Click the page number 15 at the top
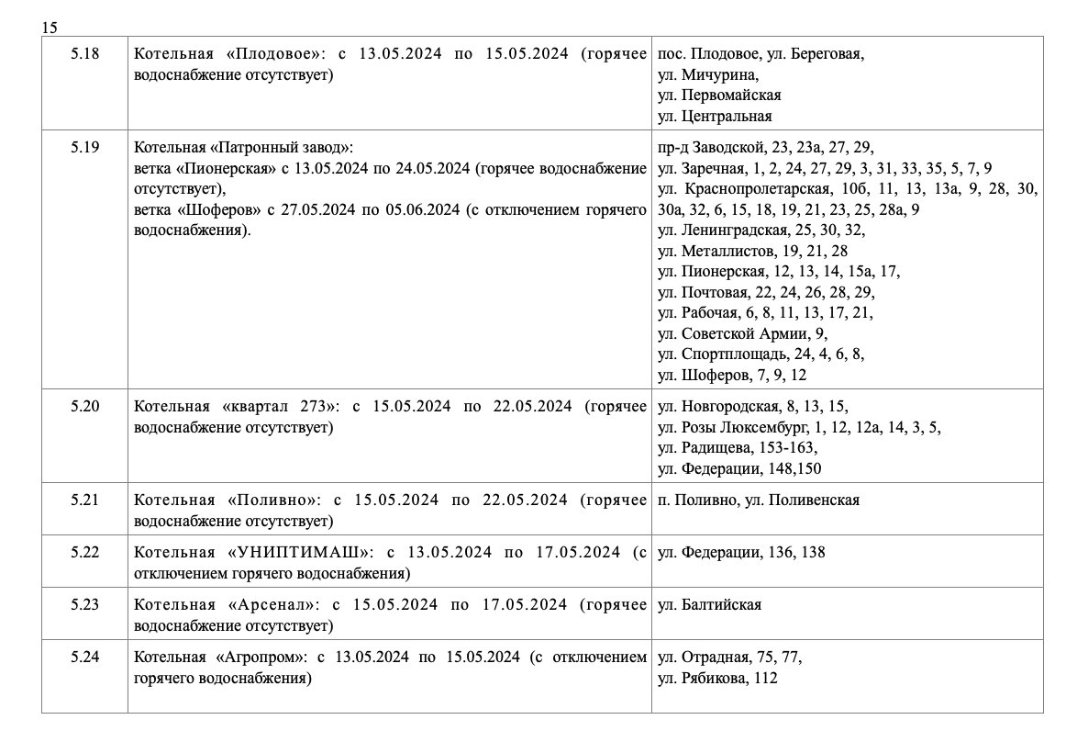[x=50, y=28]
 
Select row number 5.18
[x=84, y=54]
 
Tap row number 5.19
[x=84, y=146]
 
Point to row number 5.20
[x=84, y=406]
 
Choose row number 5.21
[x=84, y=500]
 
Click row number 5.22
[x=84, y=552]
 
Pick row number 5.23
[x=84, y=604]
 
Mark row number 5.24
[x=84, y=657]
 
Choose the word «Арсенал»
[x=273, y=605]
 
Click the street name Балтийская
[x=722, y=605]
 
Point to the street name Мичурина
[x=720, y=75]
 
